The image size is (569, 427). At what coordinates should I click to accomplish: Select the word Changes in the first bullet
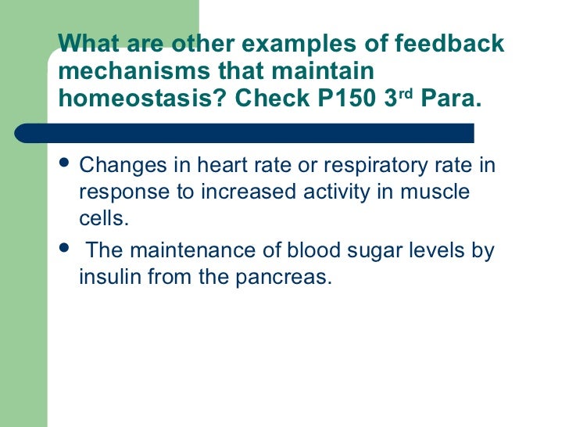click(x=117, y=167)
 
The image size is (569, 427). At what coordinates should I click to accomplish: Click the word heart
click(x=206, y=167)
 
